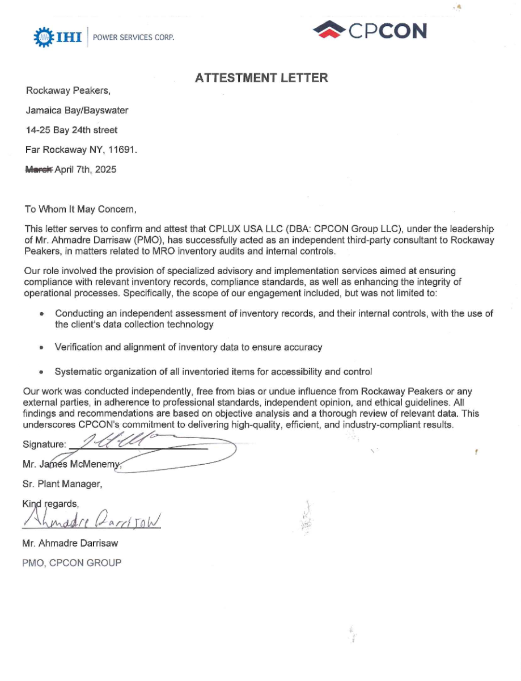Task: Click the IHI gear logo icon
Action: (44, 37)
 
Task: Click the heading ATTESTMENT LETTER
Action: (261, 78)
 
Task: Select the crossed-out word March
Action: (39, 169)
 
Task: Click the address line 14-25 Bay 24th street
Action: (72, 130)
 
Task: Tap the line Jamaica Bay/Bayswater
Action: (77, 111)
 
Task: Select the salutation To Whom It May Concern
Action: (81, 209)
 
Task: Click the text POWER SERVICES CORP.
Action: (133, 37)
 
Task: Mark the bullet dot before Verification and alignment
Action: (41, 347)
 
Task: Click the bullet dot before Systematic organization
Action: (41, 372)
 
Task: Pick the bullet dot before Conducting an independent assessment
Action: (41, 314)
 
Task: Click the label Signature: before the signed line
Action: (45, 444)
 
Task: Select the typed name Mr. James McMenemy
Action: (72, 464)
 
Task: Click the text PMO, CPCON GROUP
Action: (71, 563)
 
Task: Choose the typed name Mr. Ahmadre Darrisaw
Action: (70, 543)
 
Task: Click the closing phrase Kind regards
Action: (50, 503)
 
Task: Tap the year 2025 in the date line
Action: (105, 169)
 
